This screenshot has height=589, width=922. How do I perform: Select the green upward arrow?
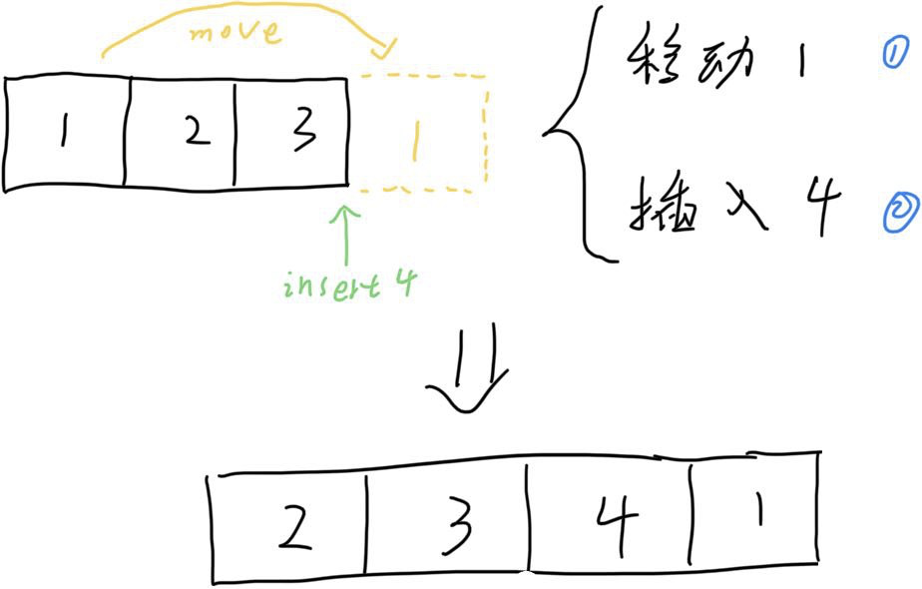click(345, 235)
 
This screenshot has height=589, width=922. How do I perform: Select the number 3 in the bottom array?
click(455, 527)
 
